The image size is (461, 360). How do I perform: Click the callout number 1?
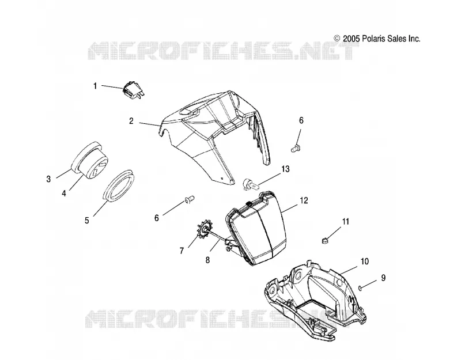point(95,86)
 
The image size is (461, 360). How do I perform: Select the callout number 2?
point(131,121)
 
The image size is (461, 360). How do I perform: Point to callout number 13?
point(285,169)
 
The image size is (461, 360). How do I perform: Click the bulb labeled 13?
point(251,185)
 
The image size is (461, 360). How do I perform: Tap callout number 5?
point(87,220)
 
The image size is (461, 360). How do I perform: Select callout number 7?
point(182,251)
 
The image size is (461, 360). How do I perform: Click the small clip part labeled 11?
point(324,241)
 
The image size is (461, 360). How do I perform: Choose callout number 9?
point(383,278)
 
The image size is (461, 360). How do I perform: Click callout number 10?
point(365,262)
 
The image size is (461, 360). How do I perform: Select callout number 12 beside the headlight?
point(304,200)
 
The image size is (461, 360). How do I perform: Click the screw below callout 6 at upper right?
point(295,148)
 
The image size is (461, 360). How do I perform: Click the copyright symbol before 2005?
point(337,39)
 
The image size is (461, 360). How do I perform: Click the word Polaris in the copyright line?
point(373,39)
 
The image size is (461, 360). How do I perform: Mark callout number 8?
point(207,260)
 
